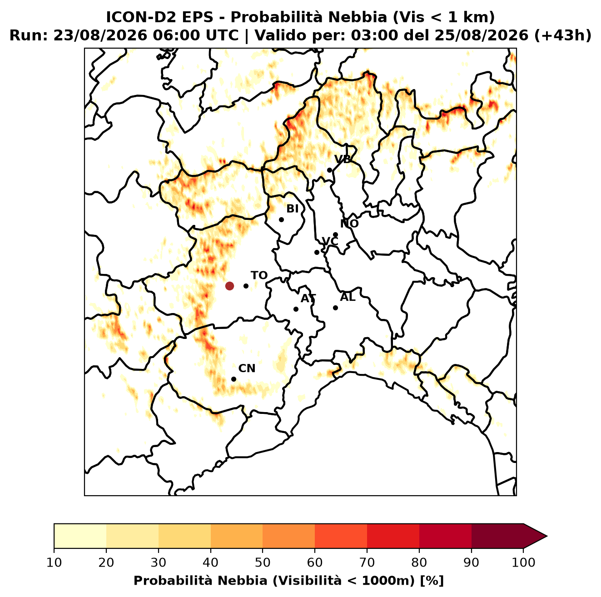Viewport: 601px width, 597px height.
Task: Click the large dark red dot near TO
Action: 229,285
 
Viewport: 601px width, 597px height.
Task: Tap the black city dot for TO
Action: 246,286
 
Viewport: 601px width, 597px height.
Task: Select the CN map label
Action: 247,368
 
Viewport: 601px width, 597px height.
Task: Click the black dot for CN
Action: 233,379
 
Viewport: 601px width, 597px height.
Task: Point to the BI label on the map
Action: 293,209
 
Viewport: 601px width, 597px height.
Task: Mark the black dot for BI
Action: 281,220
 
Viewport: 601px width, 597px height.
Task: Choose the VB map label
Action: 343,159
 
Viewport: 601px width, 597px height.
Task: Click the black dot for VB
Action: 330,170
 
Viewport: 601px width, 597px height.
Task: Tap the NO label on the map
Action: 349,224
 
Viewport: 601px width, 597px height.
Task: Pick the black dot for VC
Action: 317,252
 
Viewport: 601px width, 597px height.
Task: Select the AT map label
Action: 308,298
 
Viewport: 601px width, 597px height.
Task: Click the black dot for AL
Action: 335,308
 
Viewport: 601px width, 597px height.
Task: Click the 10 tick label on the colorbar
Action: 54,562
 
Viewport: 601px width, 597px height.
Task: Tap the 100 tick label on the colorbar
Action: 524,562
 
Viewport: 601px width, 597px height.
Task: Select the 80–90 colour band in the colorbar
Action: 445,536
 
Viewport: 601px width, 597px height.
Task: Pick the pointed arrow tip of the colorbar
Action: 547,536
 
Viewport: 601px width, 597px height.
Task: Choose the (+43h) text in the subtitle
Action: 562,35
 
